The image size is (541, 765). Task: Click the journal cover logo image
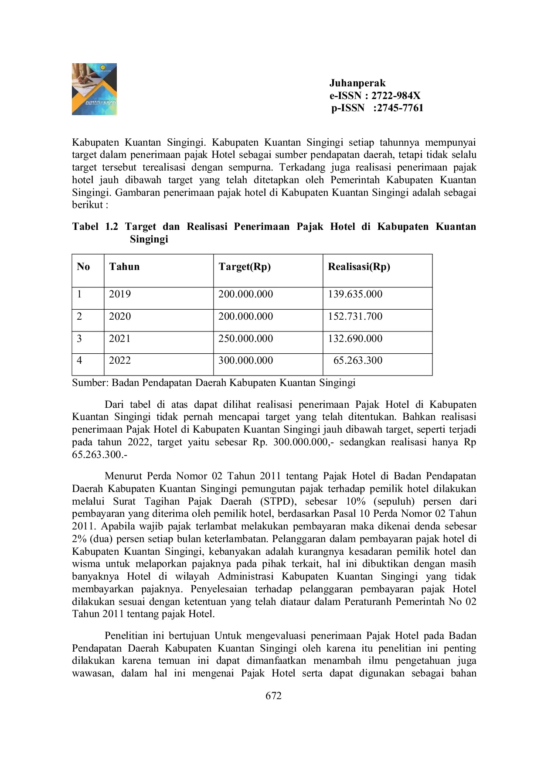point(94,89)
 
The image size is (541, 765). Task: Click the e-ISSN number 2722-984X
point(396,96)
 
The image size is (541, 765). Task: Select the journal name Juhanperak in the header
point(357,83)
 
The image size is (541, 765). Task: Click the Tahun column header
point(124,267)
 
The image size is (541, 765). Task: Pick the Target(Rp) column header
point(245,267)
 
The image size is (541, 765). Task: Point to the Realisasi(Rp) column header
point(359,267)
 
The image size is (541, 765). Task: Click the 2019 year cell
point(120,294)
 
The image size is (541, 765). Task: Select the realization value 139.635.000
point(355,294)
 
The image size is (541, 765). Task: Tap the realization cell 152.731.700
point(355,317)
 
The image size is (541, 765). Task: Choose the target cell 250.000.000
point(245,339)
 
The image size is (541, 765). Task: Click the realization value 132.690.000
point(355,339)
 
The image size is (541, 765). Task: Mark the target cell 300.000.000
point(245,361)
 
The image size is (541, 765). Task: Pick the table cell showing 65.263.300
point(357,361)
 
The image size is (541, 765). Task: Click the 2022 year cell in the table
point(120,361)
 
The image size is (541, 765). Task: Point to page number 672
point(273,696)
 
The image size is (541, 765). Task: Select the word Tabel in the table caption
point(85,227)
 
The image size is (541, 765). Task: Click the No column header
point(83,267)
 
